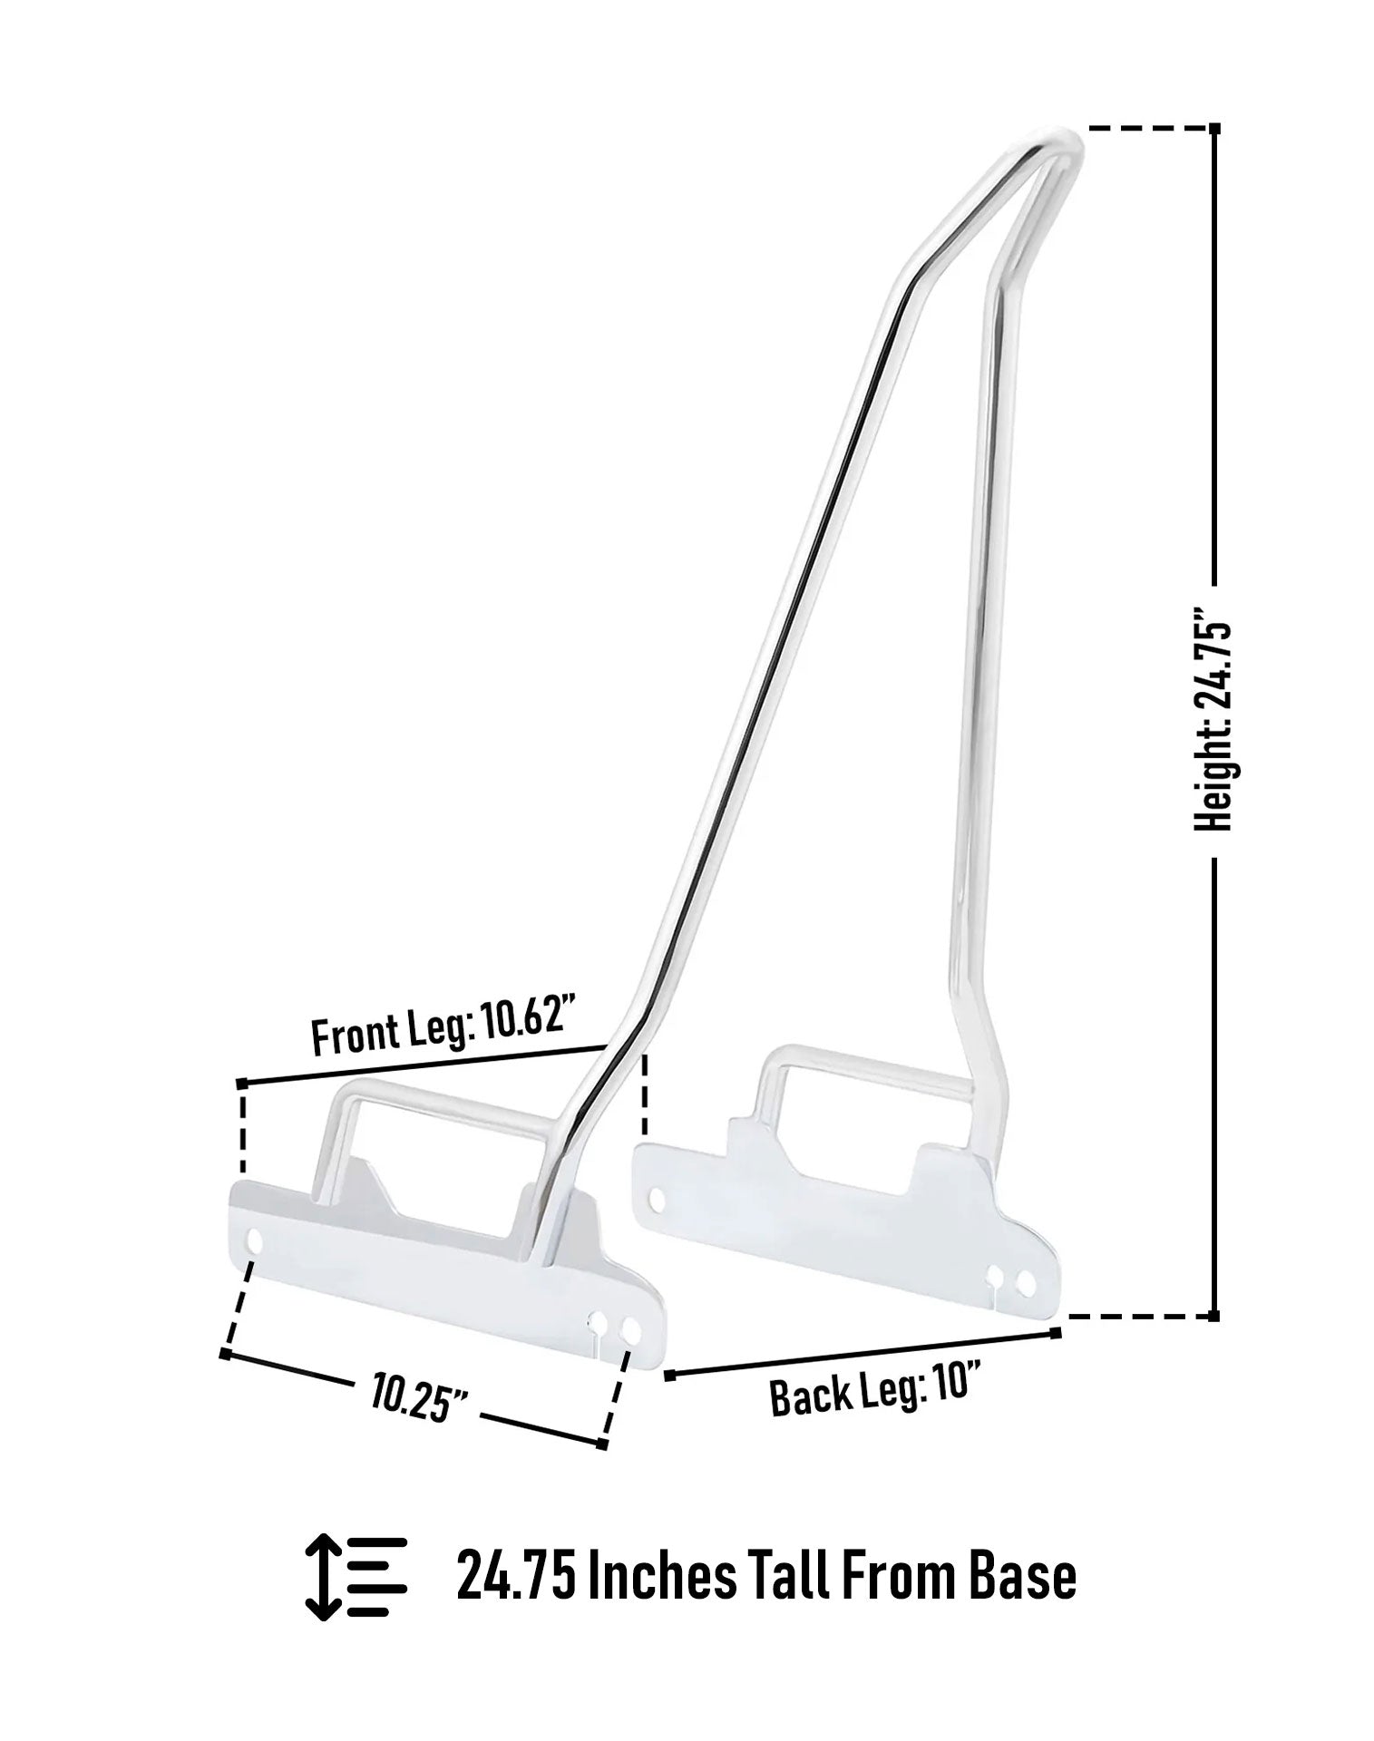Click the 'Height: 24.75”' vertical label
coord(1213,726)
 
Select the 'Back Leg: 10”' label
coord(877,1388)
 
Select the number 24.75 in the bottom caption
coord(515,1577)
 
